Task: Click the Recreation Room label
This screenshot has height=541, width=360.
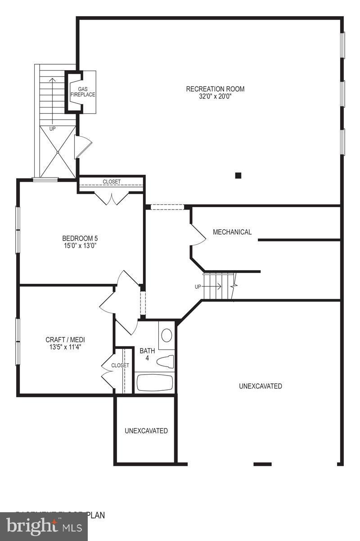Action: pos(215,89)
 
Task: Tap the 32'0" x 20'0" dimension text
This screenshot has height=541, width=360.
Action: pos(215,96)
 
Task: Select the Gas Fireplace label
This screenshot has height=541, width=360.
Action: pos(82,92)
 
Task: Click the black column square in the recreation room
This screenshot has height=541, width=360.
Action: pos(238,175)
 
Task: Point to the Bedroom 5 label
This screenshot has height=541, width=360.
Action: pos(80,238)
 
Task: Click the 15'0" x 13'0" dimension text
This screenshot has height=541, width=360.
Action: pos(80,246)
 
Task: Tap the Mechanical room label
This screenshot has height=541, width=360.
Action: pos(232,232)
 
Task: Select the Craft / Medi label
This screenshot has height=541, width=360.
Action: pos(65,340)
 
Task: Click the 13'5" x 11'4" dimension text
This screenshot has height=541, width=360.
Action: pos(65,347)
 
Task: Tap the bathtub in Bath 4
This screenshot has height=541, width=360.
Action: pos(154,383)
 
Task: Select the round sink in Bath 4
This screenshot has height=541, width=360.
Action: pos(166,335)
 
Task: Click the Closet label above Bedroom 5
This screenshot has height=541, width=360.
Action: pos(112,182)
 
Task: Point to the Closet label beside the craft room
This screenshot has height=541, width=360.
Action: pos(120,365)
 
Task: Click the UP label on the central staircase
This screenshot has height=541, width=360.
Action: pos(198,286)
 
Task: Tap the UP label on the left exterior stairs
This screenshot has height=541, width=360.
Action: pos(53,129)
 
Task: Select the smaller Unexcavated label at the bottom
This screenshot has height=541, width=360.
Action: pos(146,431)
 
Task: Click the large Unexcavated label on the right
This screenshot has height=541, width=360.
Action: pos(261,386)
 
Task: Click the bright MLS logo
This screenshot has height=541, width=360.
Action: pos(44,526)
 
